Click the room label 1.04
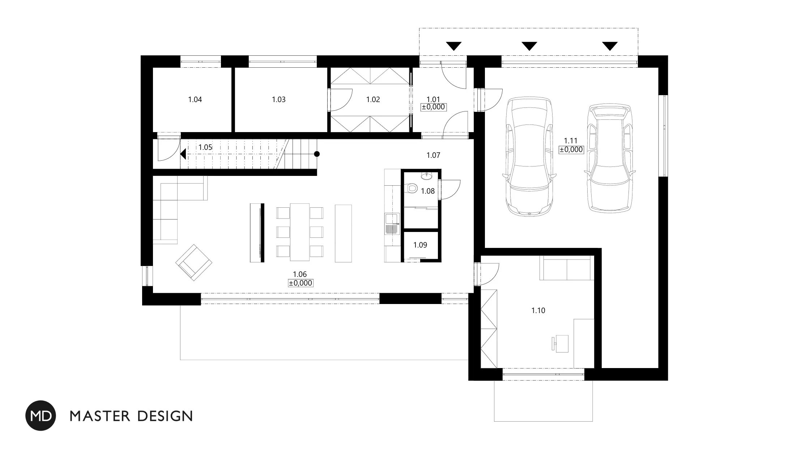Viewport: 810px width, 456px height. point(195,100)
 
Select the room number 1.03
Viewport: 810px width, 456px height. point(279,100)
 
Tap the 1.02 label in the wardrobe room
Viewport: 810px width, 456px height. point(373,100)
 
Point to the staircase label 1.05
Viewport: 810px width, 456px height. point(205,147)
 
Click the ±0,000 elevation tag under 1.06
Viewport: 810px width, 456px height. point(300,283)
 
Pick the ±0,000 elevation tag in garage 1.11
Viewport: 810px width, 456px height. point(571,149)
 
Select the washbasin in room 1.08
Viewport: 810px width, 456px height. point(426,176)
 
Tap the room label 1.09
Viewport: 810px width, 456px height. point(420,245)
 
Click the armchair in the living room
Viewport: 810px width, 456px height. point(194,262)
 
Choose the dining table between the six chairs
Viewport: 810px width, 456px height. point(300,232)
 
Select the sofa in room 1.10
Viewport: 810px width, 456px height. point(567,268)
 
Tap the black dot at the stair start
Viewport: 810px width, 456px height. point(317,154)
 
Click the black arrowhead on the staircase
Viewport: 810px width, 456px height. point(183,154)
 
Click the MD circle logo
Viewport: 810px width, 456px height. point(41,415)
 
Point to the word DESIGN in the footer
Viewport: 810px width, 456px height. point(165,416)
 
